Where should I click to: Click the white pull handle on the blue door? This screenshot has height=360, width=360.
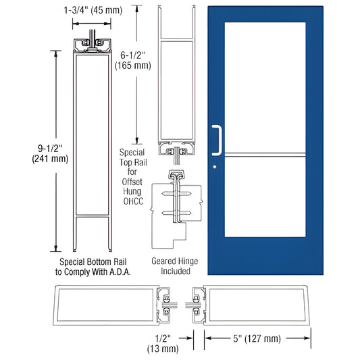(x=217, y=138)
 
